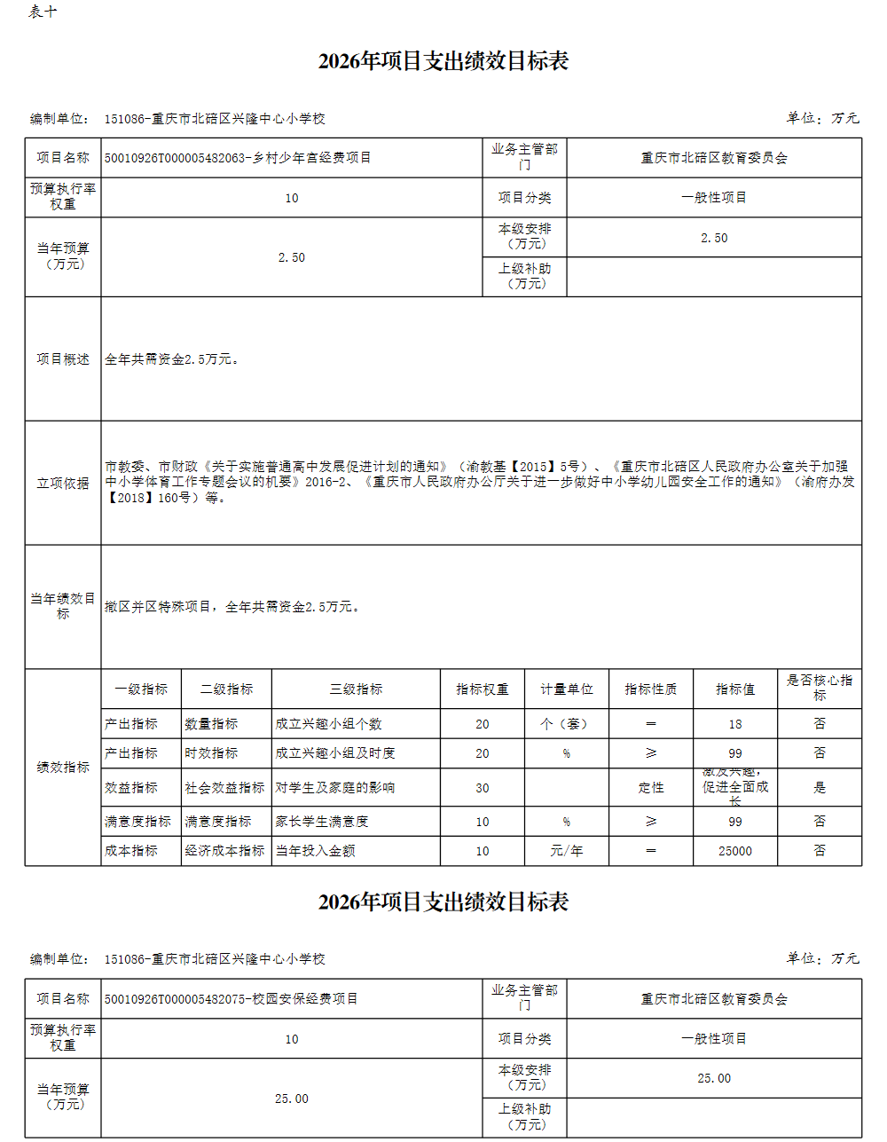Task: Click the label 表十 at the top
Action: click(x=43, y=12)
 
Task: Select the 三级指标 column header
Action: click(x=356, y=689)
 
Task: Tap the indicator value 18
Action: click(x=734, y=724)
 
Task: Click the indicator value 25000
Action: click(x=734, y=851)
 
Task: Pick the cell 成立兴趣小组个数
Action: click(x=328, y=724)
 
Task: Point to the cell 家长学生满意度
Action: click(x=321, y=822)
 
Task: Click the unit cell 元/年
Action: click(x=566, y=851)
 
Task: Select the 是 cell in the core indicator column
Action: click(x=819, y=787)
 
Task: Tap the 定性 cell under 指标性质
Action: click(x=650, y=788)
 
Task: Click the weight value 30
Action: click(x=482, y=788)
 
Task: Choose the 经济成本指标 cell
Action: click(x=224, y=851)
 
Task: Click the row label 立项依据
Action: click(x=63, y=484)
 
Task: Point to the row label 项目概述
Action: click(x=63, y=359)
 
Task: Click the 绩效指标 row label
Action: click(x=63, y=768)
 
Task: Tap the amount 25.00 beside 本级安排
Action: click(x=714, y=1078)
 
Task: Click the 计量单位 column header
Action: click(x=566, y=689)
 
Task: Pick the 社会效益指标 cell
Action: click(x=224, y=788)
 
